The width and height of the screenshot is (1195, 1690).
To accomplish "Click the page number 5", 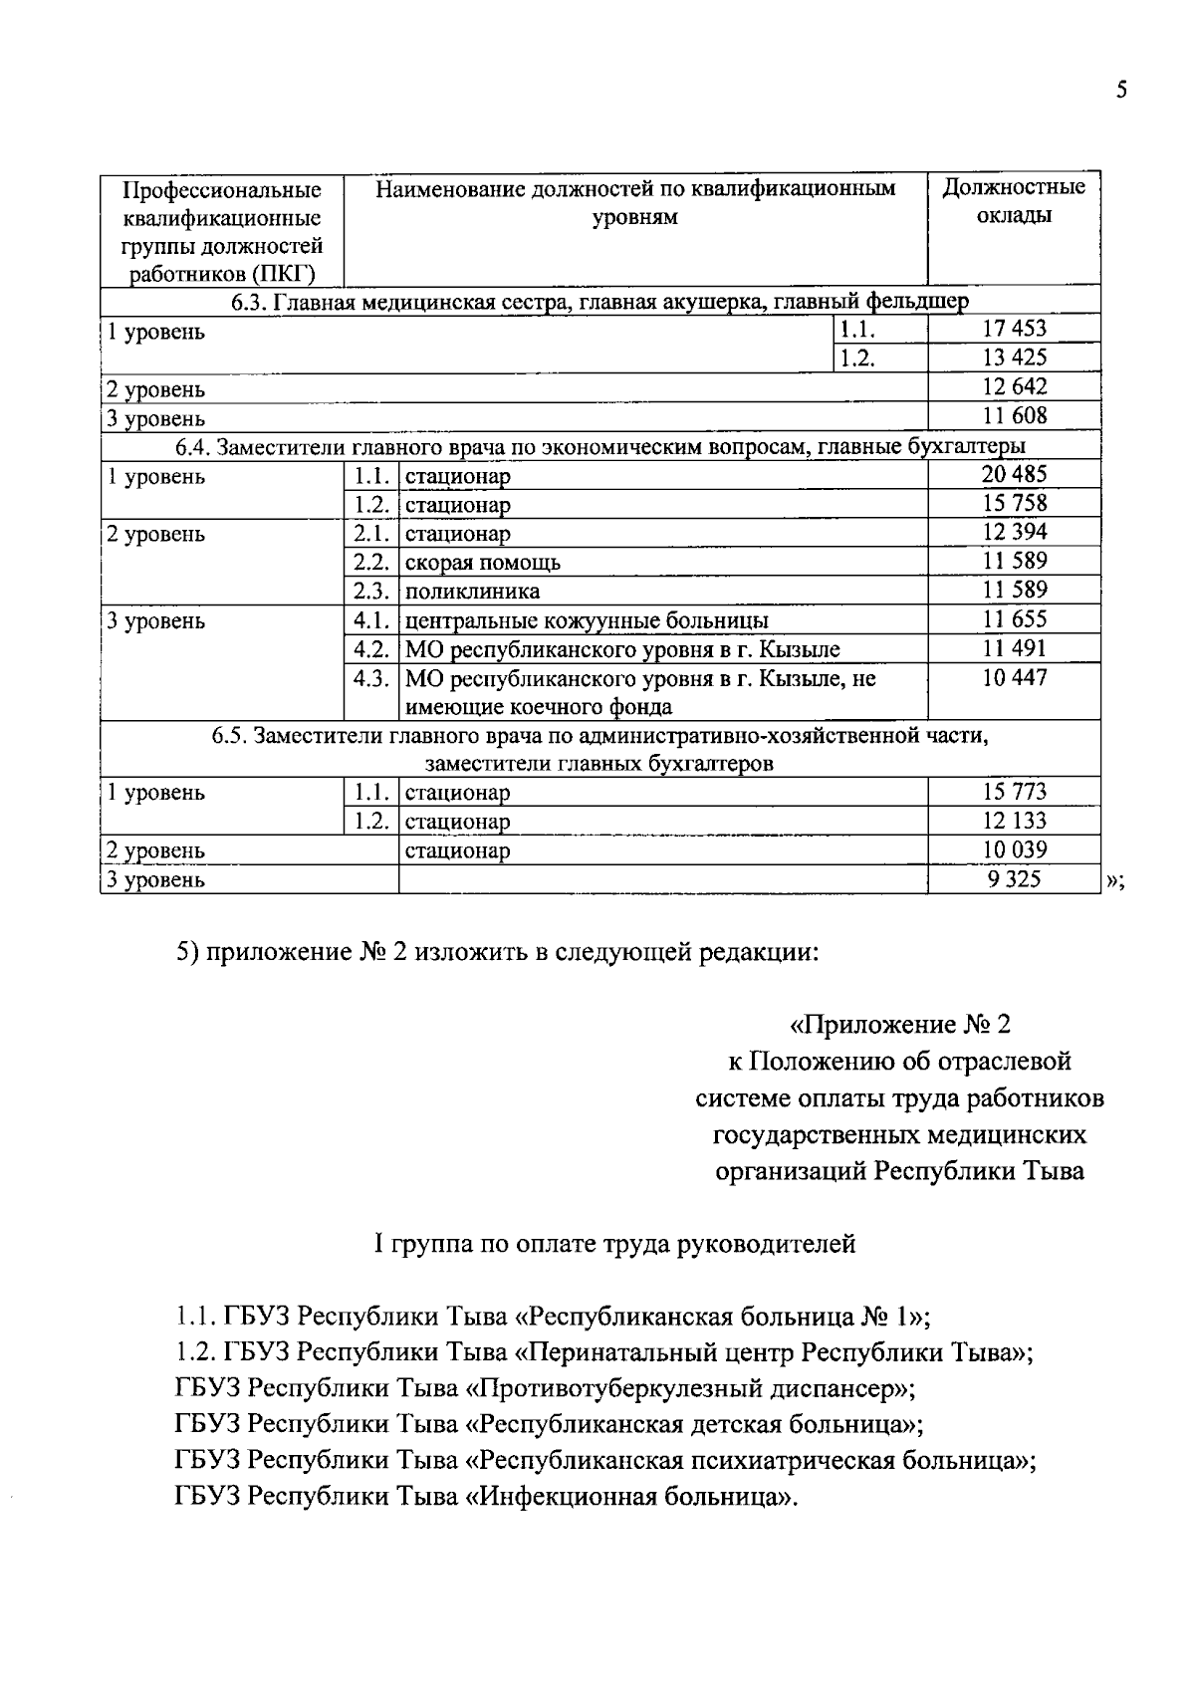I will pyautogui.click(x=1121, y=91).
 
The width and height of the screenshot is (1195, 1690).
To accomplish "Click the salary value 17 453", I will pyautogui.click(x=1014, y=329).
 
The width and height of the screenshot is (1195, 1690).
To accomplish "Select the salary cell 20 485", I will pyautogui.click(x=1014, y=474).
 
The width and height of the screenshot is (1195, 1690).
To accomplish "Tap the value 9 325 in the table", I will pyautogui.click(x=1014, y=879).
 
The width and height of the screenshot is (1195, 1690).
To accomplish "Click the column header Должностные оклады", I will pyautogui.click(x=1014, y=201).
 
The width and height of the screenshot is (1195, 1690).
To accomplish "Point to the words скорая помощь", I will pyautogui.click(x=483, y=563).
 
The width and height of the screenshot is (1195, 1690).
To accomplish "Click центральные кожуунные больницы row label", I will pyautogui.click(x=586, y=621).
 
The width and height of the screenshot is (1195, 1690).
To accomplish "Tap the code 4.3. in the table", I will pyautogui.click(x=370, y=679).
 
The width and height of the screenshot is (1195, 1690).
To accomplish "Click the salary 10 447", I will pyautogui.click(x=1014, y=678).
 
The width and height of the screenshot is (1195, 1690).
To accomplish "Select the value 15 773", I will pyautogui.click(x=1014, y=793).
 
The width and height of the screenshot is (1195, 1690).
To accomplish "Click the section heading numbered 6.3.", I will pyautogui.click(x=599, y=302).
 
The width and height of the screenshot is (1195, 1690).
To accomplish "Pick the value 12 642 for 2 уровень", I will pyautogui.click(x=1014, y=386).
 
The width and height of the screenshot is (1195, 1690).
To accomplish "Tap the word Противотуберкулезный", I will pyautogui.click(x=616, y=1389).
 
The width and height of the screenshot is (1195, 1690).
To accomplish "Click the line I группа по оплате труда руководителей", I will pyautogui.click(x=613, y=1244).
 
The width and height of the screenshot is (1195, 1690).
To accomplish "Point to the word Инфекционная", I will pyautogui.click(x=569, y=1497).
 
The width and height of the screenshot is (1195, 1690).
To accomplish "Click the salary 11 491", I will pyautogui.click(x=1014, y=649).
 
